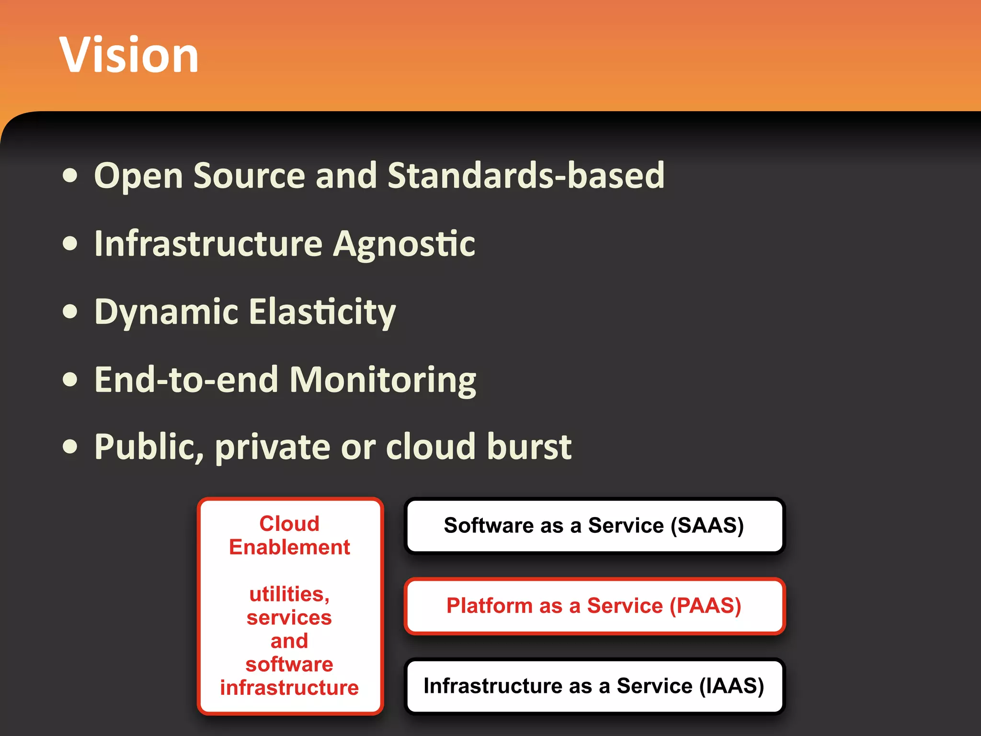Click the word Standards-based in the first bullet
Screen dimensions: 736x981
coord(525,175)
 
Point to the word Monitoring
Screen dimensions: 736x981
coord(383,380)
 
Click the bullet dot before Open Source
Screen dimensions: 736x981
coord(70,176)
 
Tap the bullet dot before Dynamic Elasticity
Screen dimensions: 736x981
coord(70,312)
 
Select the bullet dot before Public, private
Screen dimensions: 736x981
coord(70,447)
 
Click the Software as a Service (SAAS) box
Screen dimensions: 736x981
coord(594,526)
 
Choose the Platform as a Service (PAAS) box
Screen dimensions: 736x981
coord(594,606)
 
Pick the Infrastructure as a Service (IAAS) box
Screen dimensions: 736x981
coord(594,686)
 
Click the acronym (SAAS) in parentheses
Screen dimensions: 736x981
coord(707,526)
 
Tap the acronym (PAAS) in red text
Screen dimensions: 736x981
coord(705,606)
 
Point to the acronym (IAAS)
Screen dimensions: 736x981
coord(731,686)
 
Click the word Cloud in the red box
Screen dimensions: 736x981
coord(289,524)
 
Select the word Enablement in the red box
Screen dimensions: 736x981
coord(289,547)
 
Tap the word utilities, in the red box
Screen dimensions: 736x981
coord(289,595)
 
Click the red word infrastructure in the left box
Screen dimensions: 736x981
coord(289,688)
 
